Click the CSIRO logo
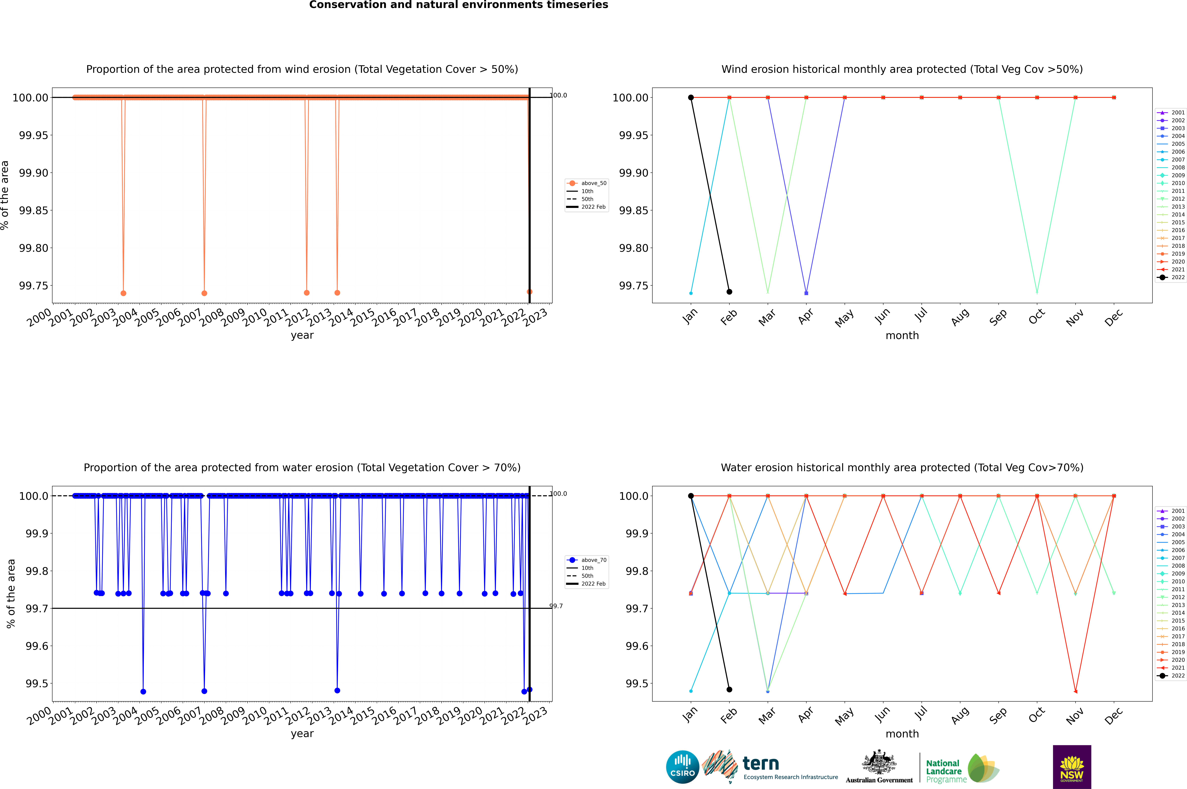point(682,767)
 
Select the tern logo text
point(761,764)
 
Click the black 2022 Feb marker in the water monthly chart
point(729,689)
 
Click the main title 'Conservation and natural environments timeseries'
point(458,5)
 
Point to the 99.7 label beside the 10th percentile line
point(556,606)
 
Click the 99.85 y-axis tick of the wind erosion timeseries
point(34,210)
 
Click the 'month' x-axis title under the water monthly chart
point(902,734)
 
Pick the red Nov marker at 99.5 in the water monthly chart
point(1075,691)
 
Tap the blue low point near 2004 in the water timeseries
point(143,691)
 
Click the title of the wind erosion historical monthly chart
point(902,69)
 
